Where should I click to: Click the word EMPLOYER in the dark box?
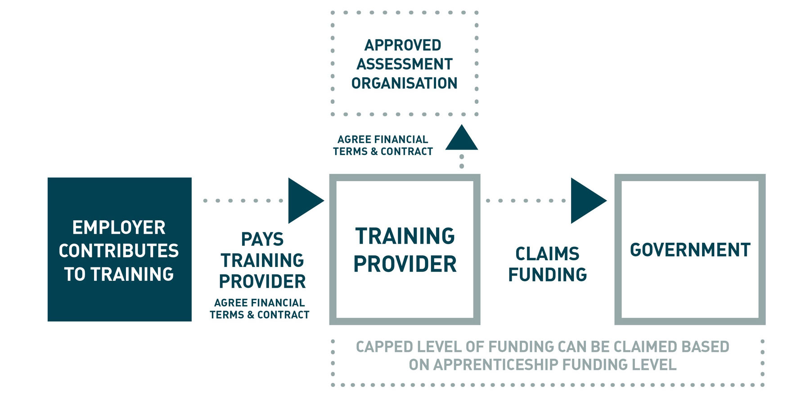coord(119,227)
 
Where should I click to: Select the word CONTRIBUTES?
coord(119,251)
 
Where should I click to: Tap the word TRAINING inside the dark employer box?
coord(132,274)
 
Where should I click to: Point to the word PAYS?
coord(262,239)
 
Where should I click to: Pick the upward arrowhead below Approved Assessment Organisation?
coord(462,138)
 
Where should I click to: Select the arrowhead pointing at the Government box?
coord(586,200)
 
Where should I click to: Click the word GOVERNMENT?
coord(690,250)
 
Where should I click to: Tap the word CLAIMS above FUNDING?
coord(547,254)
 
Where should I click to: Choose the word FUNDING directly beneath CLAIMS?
coord(547,275)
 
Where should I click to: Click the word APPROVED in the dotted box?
coord(403,45)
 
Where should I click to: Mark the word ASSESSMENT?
coord(405,64)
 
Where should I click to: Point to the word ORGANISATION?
coord(404,83)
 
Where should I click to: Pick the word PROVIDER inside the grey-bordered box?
coord(405,264)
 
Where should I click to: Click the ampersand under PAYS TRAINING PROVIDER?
coord(251,315)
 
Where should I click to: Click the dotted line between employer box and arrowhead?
coord(243,200)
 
